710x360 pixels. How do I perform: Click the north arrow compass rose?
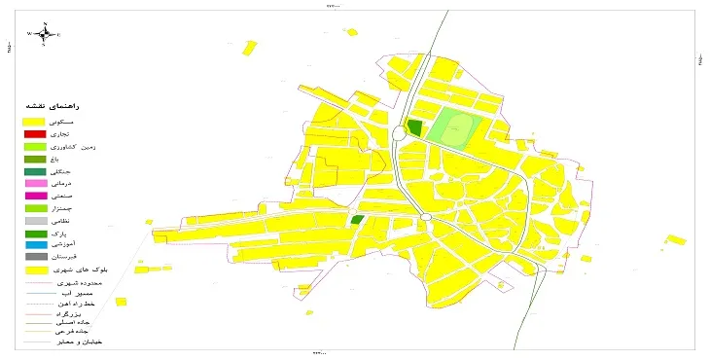tap(44, 33)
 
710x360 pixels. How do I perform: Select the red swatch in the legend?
tap(34, 133)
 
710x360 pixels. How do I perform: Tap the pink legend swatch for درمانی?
tap(34, 183)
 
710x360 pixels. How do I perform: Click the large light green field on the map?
tap(451, 127)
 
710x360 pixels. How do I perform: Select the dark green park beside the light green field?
tap(415, 127)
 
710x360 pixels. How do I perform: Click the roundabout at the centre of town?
tap(425, 216)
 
